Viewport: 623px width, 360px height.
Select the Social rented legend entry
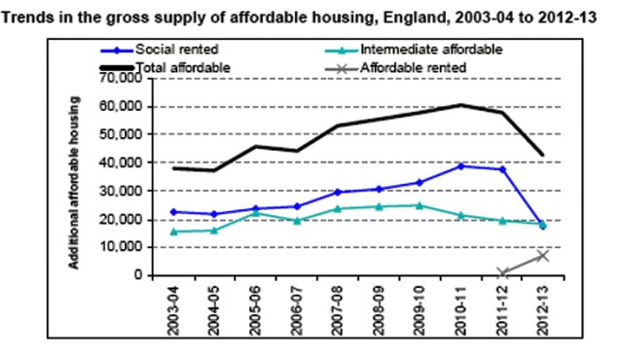pos(175,49)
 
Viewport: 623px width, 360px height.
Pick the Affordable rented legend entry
pos(413,68)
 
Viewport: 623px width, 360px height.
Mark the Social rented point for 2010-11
pos(461,166)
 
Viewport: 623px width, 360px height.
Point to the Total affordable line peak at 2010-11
pos(461,105)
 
